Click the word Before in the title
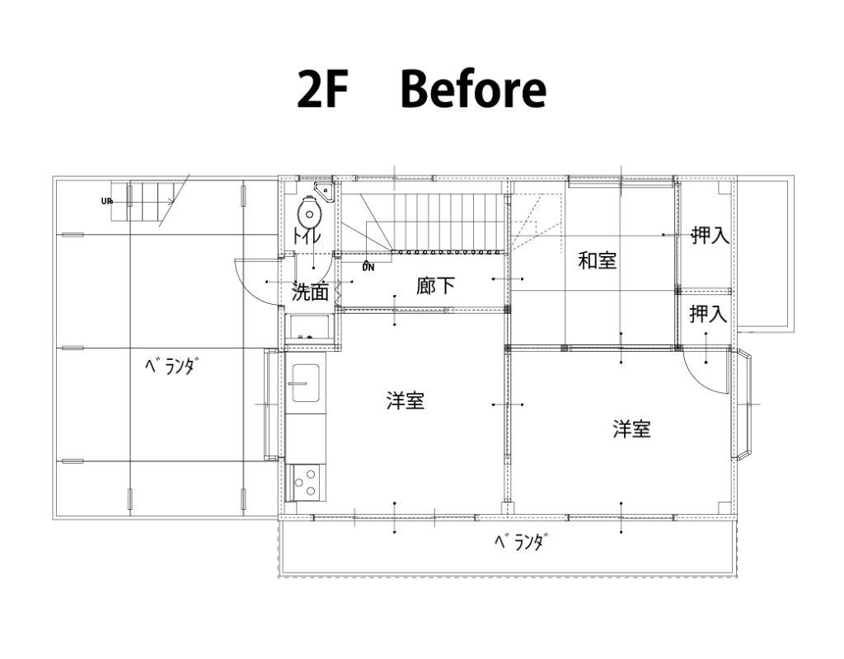pyautogui.click(x=472, y=90)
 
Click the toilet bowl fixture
pyautogui.click(x=308, y=213)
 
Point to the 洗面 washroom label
pyautogui.click(x=311, y=292)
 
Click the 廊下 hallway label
pyautogui.click(x=435, y=286)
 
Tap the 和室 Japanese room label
pyautogui.click(x=598, y=261)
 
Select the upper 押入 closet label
pyautogui.click(x=710, y=236)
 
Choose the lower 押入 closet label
pyautogui.click(x=709, y=314)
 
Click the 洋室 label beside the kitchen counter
pyautogui.click(x=406, y=401)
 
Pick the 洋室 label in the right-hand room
pyautogui.click(x=631, y=429)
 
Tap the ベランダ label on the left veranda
pyautogui.click(x=171, y=367)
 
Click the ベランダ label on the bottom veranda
pyautogui.click(x=521, y=543)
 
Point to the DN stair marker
pyautogui.click(x=367, y=266)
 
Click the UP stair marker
pyautogui.click(x=106, y=200)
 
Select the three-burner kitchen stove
pyautogui.click(x=305, y=481)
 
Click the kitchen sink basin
pyautogui.click(x=306, y=383)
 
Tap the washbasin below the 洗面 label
pyautogui.click(x=310, y=327)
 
